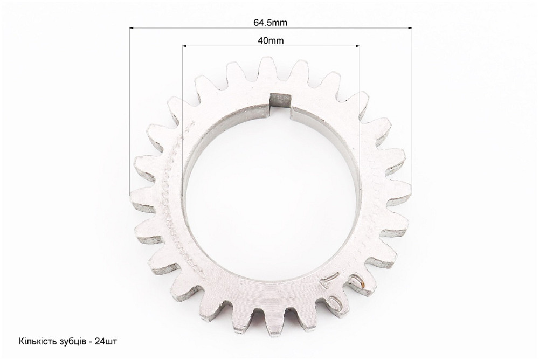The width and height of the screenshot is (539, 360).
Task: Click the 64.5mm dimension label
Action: tap(271, 22)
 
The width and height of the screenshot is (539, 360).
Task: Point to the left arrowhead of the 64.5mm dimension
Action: tap(132, 27)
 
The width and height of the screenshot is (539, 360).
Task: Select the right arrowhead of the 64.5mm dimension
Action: tap(410, 27)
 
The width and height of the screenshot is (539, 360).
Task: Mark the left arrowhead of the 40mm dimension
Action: tap(184, 46)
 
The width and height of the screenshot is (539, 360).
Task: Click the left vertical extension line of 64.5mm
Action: tap(130, 108)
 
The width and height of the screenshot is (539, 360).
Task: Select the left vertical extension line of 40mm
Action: tap(183, 108)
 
